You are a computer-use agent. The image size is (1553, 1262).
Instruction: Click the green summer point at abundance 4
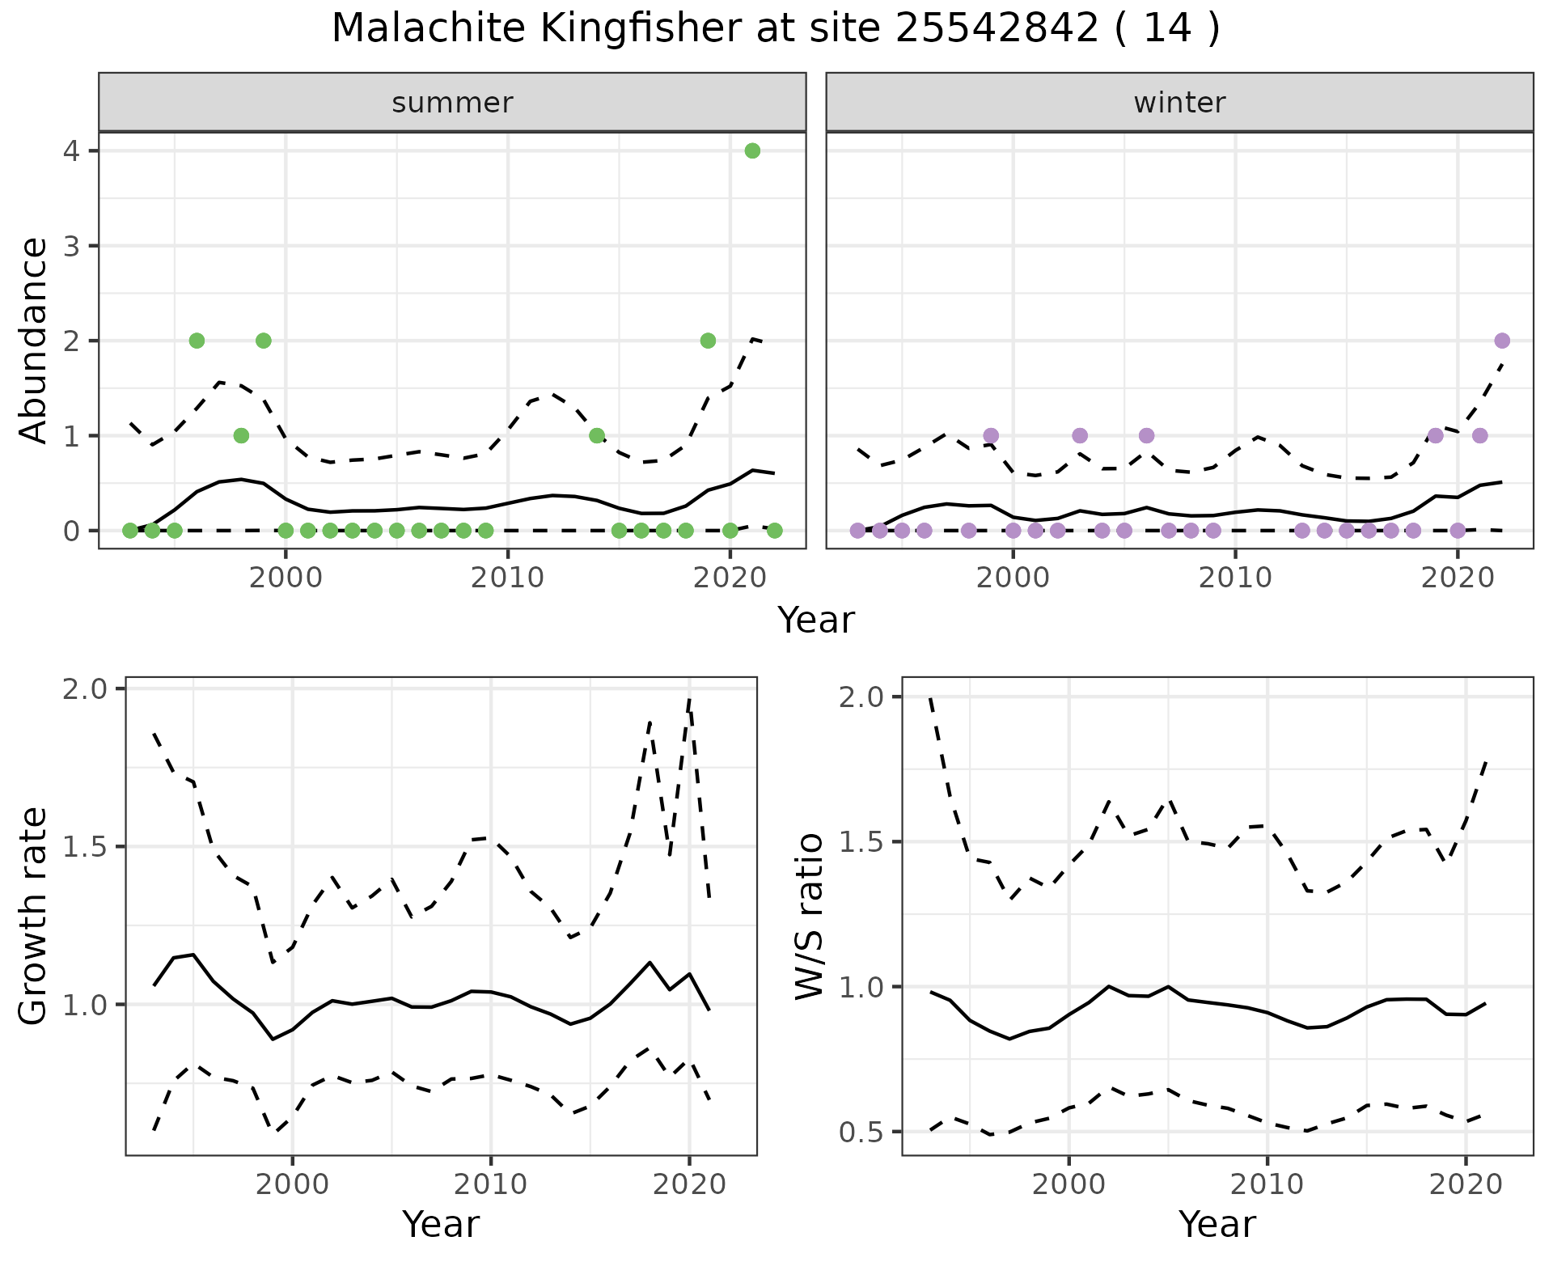coord(752,150)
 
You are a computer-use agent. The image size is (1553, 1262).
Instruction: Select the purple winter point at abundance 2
coord(1502,341)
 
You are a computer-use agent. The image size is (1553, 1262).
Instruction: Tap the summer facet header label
coord(452,103)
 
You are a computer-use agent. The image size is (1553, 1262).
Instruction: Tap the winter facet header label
coord(1179,103)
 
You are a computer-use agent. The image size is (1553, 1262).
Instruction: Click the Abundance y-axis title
coord(34,341)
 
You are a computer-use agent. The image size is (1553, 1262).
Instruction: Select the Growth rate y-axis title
coord(34,917)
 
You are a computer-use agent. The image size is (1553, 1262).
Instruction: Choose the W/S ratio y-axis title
coord(810,917)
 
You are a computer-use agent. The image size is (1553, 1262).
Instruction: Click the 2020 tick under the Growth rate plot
coord(689,1185)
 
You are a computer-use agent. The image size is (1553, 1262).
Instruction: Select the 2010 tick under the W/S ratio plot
coord(1267,1185)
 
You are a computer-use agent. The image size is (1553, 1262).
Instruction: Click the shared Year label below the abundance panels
coord(815,620)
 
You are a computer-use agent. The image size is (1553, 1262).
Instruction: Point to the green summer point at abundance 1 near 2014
coord(597,435)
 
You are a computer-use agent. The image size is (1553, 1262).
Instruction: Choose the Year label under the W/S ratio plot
coord(1217,1224)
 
